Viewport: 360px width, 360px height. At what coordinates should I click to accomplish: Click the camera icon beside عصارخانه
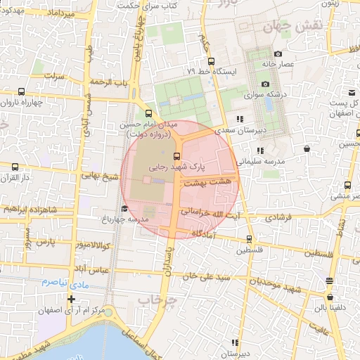[x=278, y=54]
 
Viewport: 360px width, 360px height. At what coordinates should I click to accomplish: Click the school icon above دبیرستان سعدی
[x=240, y=119]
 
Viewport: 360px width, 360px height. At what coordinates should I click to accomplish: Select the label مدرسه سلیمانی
[x=260, y=161]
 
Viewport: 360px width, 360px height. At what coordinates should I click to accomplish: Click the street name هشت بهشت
[x=216, y=181]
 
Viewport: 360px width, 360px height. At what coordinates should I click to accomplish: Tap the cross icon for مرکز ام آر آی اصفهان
[x=71, y=300]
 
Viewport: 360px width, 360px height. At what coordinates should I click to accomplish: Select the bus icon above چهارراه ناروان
[x=21, y=91]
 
